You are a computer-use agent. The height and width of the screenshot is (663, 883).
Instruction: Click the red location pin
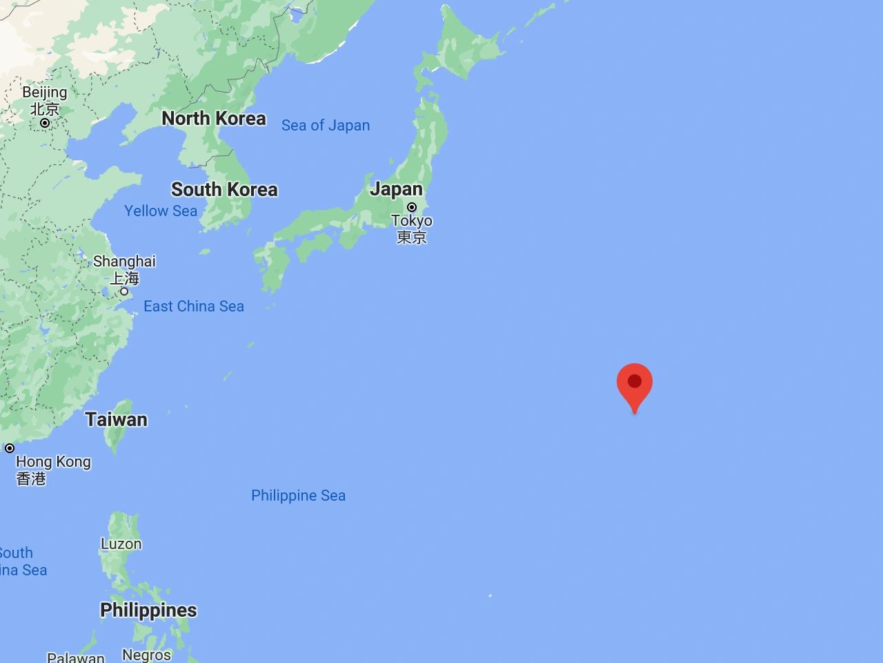pos(635,383)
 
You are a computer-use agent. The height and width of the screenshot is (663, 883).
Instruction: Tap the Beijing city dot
pos(45,123)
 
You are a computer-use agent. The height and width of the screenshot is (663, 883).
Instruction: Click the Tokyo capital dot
pos(412,207)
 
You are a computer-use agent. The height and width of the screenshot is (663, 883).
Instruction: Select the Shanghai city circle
pos(124,291)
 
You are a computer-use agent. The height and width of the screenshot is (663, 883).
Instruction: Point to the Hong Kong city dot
pos(10,448)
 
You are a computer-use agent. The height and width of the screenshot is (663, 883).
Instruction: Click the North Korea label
pos(213,118)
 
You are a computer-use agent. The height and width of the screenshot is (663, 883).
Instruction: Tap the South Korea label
pos(224,189)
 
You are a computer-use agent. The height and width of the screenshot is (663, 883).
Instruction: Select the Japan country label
pos(396,189)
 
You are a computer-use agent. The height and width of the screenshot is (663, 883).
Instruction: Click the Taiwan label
pos(116,419)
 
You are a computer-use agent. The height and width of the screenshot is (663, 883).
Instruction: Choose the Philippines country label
pos(148,610)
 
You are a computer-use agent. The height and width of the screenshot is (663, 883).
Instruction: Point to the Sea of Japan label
pos(326,125)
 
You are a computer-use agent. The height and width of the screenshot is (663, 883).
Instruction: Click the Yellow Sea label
pos(161,211)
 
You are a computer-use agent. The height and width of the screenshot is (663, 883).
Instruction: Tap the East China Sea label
pos(194,306)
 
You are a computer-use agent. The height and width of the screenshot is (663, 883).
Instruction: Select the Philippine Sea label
pos(298,495)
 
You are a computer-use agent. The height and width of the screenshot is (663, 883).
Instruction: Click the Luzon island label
pos(121,544)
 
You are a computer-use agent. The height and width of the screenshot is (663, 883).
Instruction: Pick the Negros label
pos(146,654)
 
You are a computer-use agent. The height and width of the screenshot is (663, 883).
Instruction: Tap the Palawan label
pos(76,657)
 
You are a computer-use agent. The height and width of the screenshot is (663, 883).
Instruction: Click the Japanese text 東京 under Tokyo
pos(412,237)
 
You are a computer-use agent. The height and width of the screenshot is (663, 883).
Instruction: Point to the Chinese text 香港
pos(31,478)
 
